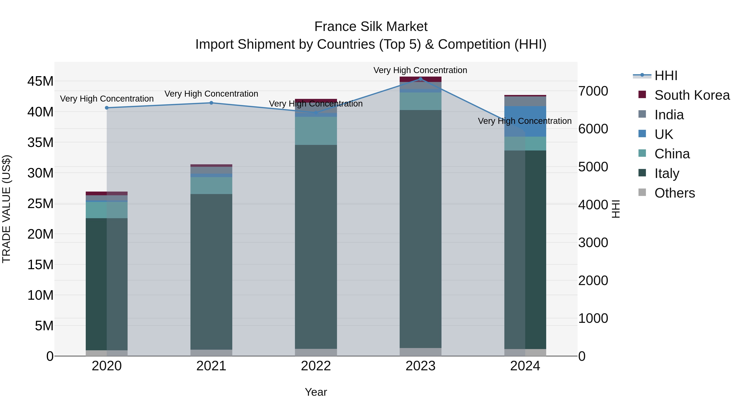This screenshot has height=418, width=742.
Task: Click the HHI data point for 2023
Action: coord(420,79)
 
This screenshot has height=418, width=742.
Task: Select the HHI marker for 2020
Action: coord(107,108)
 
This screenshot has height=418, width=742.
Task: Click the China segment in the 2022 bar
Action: coord(316,131)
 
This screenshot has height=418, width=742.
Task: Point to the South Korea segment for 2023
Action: coord(420,79)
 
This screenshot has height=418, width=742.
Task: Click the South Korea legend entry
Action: coord(692,95)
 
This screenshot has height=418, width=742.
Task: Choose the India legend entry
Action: coord(669,115)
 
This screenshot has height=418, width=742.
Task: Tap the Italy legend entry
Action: coord(667,173)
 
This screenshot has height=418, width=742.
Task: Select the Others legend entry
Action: coord(674,193)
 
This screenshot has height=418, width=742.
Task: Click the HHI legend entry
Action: coord(666,76)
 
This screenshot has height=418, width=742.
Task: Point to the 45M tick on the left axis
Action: coord(40,81)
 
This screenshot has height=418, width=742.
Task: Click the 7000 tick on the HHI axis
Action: coord(593,91)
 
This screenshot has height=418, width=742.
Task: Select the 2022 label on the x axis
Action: coord(316,366)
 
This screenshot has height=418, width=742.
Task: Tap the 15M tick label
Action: coord(40,265)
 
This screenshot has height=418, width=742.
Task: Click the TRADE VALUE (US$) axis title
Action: coord(6,209)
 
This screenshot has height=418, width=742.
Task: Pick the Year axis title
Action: coord(316,392)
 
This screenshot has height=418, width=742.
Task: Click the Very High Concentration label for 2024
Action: coord(525,121)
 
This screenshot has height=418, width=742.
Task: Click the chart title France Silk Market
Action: coord(371,27)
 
